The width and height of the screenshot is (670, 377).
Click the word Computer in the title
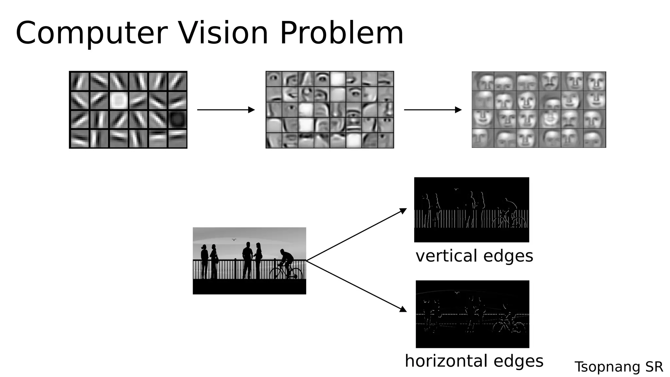[x=92, y=33]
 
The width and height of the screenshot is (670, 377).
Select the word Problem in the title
[x=342, y=33]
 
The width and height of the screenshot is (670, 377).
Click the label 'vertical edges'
[x=474, y=256]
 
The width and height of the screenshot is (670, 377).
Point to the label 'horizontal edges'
[x=474, y=361]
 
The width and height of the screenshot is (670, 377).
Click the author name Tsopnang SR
[x=619, y=367]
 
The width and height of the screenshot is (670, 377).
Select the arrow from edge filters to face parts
[x=226, y=110]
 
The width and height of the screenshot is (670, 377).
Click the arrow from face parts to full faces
[x=432, y=110]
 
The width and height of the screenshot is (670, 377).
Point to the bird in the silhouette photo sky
[x=234, y=240]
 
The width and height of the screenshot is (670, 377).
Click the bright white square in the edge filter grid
[x=118, y=100]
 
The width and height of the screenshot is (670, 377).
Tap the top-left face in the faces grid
[x=483, y=81]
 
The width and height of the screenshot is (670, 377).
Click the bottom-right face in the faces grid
[x=594, y=138]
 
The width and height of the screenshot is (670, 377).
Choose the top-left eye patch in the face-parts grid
[x=274, y=79]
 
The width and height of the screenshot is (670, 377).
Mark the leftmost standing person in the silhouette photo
[x=204, y=260]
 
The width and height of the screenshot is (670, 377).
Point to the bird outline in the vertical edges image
[x=456, y=189]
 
